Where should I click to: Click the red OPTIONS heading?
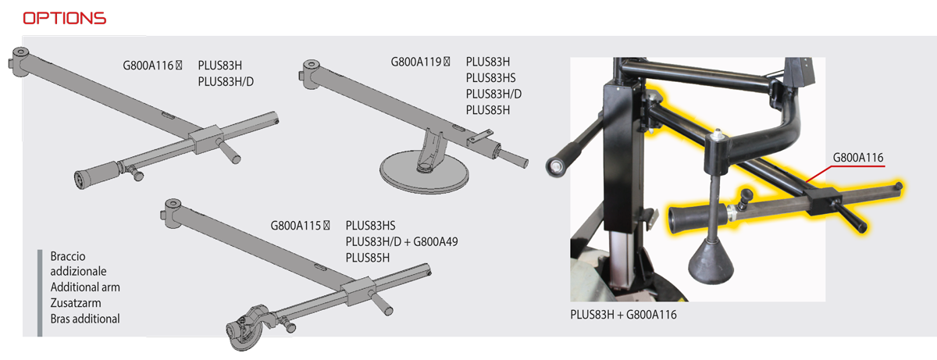[x=64, y=19]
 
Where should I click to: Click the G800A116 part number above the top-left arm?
[x=148, y=66]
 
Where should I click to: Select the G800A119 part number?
[x=415, y=62]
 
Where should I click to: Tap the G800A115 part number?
[x=296, y=226]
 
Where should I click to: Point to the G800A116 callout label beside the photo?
[x=858, y=158]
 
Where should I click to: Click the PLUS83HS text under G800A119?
[x=490, y=78]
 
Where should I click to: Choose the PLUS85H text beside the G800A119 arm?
[x=488, y=110]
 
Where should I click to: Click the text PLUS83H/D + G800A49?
[x=401, y=241]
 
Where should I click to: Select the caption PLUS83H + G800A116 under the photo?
[x=623, y=315]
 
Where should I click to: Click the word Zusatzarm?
[x=76, y=303]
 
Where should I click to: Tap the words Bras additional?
[x=85, y=319]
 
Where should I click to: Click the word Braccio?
[x=68, y=256]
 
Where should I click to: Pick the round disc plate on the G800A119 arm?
[x=424, y=173]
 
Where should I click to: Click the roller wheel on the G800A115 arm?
[x=244, y=330]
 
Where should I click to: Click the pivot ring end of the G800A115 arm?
[x=173, y=212]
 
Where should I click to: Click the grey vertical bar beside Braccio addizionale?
[x=40, y=293]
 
